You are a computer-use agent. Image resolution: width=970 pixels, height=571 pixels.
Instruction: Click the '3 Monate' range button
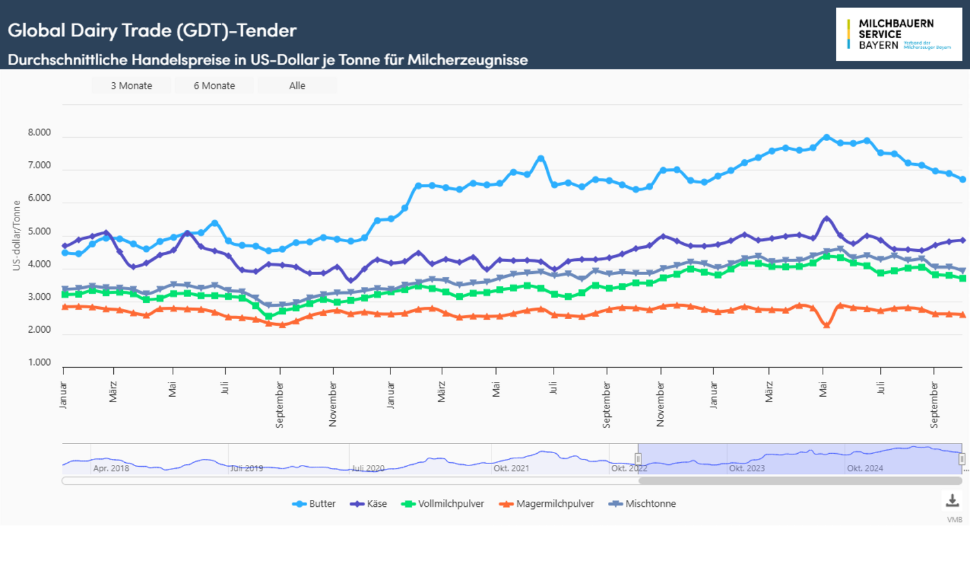(x=131, y=85)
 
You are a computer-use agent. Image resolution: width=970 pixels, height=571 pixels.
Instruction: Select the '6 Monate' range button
(x=214, y=85)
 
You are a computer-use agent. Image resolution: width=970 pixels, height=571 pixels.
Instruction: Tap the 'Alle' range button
(x=297, y=85)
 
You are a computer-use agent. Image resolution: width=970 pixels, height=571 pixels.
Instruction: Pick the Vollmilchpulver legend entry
(x=443, y=504)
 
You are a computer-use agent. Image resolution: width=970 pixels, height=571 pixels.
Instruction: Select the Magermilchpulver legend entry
(x=547, y=504)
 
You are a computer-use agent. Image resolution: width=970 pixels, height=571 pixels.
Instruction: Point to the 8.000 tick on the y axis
(x=39, y=133)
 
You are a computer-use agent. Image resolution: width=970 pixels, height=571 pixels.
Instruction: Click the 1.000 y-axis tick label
(x=39, y=363)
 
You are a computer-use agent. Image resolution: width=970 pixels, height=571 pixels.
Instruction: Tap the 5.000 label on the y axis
(x=39, y=232)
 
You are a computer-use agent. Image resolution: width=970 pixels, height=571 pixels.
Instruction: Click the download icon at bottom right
(x=952, y=500)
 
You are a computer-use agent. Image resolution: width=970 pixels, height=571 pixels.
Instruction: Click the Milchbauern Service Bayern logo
(x=898, y=34)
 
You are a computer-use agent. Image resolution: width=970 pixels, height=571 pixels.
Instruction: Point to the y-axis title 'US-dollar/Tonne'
(x=17, y=236)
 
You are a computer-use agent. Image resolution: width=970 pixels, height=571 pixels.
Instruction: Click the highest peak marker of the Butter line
(x=826, y=137)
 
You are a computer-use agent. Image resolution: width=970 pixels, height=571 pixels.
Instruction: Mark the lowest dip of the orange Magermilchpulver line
(x=826, y=325)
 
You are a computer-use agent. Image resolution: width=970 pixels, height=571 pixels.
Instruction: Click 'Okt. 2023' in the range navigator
(x=747, y=468)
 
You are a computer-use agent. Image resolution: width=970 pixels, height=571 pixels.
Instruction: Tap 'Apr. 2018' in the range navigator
(x=111, y=468)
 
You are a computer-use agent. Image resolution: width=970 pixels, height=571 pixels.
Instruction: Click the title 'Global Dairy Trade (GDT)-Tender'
(x=152, y=30)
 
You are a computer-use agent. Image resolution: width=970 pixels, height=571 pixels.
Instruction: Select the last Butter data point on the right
(x=963, y=179)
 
